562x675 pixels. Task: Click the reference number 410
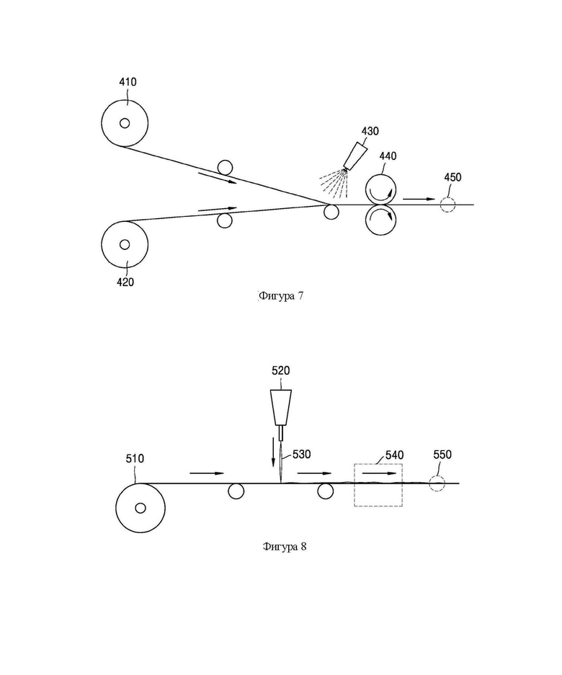(128, 82)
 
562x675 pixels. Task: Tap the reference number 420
(125, 282)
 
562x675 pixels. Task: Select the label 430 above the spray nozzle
(370, 131)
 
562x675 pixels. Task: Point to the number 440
(388, 156)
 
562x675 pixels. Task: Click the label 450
(452, 177)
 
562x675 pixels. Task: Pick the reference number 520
(281, 371)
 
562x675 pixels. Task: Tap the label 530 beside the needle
(301, 454)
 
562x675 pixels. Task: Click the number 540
(394, 455)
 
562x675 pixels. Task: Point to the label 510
(135, 458)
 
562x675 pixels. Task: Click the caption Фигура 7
(281, 296)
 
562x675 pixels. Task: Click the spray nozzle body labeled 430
(356, 156)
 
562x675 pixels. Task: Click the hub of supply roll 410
(125, 123)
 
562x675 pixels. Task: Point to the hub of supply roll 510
(140, 508)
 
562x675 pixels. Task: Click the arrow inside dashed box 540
(378, 473)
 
